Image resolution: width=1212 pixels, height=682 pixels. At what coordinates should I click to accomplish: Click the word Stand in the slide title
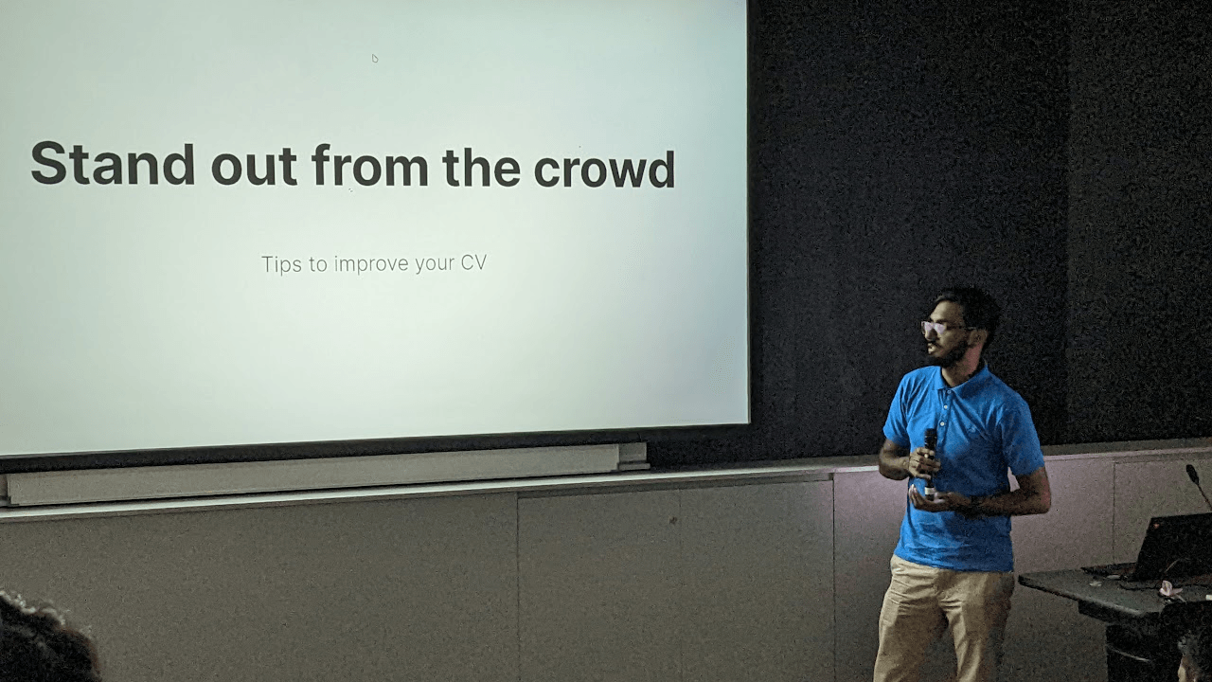(x=113, y=164)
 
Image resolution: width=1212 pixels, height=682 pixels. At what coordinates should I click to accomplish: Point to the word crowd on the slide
(x=604, y=168)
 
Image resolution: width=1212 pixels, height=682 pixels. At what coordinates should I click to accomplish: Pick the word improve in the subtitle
(x=371, y=264)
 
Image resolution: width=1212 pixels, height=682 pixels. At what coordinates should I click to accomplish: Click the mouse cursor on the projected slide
(x=374, y=58)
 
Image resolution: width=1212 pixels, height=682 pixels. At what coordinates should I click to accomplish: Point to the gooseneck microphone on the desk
(x=1199, y=486)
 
